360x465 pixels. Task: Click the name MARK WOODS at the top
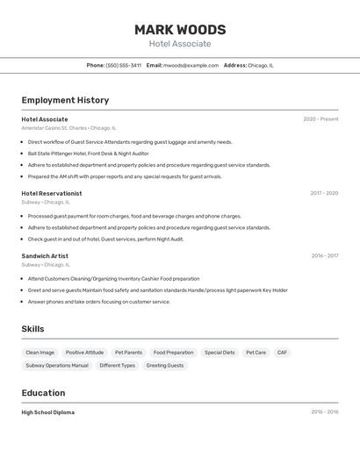point(180,29)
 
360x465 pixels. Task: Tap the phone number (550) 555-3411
point(123,65)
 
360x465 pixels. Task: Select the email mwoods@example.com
point(191,65)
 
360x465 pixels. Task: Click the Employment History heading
point(65,100)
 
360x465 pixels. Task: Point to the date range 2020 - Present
point(320,119)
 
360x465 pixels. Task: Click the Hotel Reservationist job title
point(52,193)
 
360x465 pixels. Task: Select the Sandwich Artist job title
point(45,256)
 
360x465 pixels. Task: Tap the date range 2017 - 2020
point(324,193)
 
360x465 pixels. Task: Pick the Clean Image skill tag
point(40,353)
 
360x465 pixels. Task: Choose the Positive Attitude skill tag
point(84,353)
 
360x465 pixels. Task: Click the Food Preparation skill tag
point(173,353)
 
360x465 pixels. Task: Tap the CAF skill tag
point(282,353)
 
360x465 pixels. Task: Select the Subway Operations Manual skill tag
point(57,365)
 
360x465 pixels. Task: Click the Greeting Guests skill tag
point(165,365)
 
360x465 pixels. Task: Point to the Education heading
point(44,393)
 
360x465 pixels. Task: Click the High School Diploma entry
point(48,412)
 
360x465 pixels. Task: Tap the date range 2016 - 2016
point(324,412)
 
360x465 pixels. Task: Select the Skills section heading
point(33,329)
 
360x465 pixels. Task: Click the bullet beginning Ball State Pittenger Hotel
point(88,154)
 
